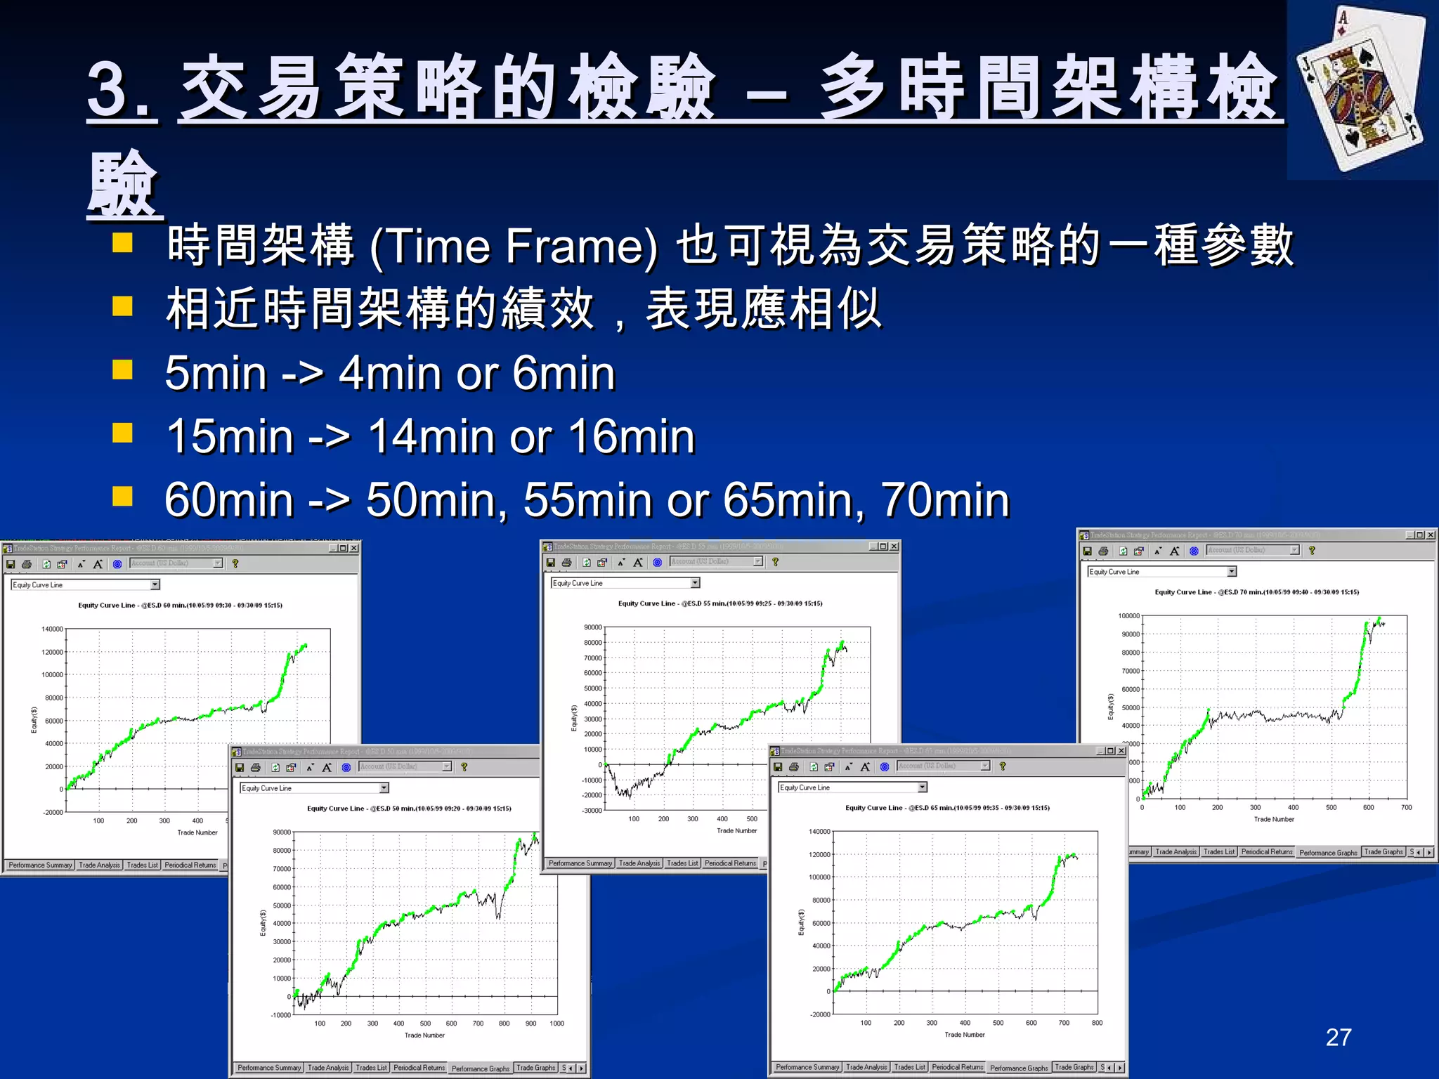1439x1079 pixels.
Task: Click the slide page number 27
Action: (x=1338, y=1037)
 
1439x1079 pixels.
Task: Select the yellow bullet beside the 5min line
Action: (x=123, y=370)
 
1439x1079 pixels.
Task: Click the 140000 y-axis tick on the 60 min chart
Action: (x=52, y=629)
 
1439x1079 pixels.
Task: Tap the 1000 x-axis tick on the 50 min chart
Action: (x=556, y=1024)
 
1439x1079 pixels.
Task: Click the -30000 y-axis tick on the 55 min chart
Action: (x=592, y=811)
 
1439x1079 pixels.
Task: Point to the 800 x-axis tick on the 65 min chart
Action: (x=1097, y=1023)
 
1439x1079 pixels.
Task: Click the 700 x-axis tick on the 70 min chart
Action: (x=1406, y=808)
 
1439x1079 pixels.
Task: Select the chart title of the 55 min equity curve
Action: (x=719, y=603)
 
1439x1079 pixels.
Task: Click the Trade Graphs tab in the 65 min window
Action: (x=1074, y=1067)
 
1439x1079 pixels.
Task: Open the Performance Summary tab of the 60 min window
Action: (x=40, y=865)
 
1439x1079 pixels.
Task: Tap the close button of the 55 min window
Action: (x=894, y=547)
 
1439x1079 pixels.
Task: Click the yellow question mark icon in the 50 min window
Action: (x=464, y=767)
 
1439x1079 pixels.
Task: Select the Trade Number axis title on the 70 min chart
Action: (x=1273, y=819)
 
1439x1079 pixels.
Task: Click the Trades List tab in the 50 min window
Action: (x=371, y=1068)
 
